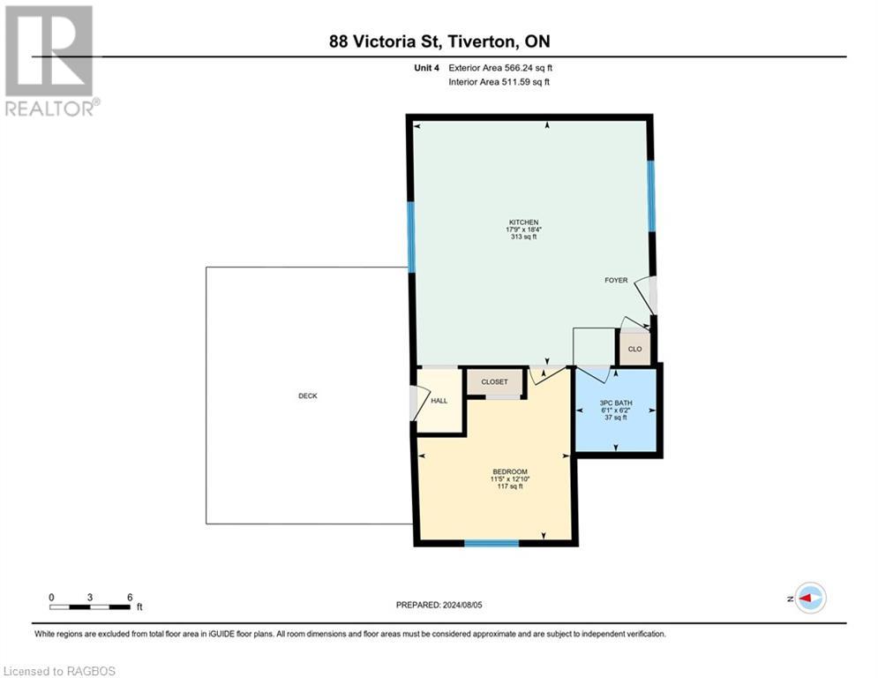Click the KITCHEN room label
(523, 222)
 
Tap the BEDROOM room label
(510, 471)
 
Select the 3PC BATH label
(615, 403)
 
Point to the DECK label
(307, 396)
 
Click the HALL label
(439, 401)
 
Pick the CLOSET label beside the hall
(494, 382)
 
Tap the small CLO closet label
(634, 350)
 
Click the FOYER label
(616, 281)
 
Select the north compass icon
(809, 598)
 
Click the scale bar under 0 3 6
(90, 606)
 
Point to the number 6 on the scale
(130, 597)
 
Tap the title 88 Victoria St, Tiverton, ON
(439, 41)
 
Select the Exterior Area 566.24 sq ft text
(500, 67)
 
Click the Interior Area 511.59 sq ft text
(499, 82)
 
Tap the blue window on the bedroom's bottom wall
(491, 542)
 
